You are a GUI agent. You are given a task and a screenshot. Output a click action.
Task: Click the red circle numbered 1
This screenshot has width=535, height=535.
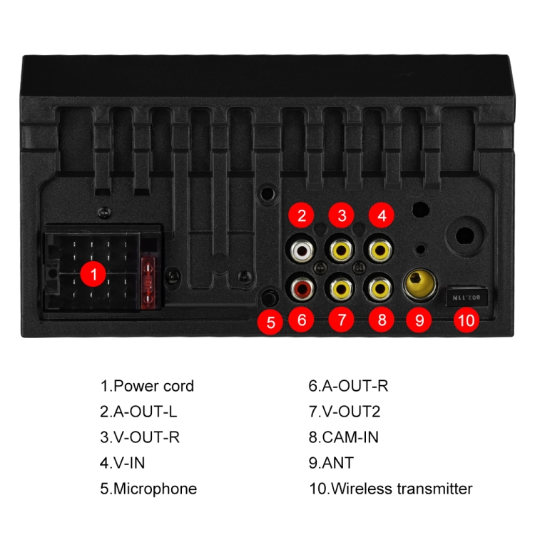(93, 274)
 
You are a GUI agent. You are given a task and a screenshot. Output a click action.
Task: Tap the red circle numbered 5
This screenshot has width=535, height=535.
(270, 322)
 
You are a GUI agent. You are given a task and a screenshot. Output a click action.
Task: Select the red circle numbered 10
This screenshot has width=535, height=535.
(466, 320)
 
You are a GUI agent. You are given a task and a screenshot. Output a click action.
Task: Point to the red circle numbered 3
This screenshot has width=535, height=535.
(342, 215)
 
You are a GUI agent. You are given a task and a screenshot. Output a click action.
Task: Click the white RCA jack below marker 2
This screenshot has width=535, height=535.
(302, 250)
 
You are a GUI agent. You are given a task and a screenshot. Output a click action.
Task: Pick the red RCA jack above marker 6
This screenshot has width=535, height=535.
(302, 289)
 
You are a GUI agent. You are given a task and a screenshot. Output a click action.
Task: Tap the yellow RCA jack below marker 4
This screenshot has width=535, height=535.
(381, 250)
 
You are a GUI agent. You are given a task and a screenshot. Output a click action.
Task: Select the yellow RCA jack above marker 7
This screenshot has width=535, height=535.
(342, 289)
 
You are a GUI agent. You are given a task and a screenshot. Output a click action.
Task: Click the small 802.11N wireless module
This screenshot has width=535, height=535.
(467, 297)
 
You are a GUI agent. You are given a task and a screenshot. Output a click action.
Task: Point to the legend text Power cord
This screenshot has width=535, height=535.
(153, 386)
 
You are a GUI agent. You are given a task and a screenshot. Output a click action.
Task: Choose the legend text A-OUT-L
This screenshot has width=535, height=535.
(145, 412)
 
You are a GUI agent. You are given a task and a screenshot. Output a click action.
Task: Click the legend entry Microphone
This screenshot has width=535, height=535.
(155, 489)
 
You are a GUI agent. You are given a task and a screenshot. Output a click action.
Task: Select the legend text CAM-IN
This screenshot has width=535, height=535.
(350, 437)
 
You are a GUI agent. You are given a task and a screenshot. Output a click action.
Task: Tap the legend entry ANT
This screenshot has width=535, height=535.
(337, 463)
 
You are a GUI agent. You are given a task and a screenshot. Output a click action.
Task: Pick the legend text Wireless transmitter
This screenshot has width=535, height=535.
(402, 489)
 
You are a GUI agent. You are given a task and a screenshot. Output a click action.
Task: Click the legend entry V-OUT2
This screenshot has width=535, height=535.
(351, 412)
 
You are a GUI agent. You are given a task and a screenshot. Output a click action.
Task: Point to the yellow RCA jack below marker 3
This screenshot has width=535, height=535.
(342, 250)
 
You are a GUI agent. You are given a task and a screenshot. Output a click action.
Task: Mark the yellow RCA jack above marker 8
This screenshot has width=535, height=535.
(381, 289)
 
